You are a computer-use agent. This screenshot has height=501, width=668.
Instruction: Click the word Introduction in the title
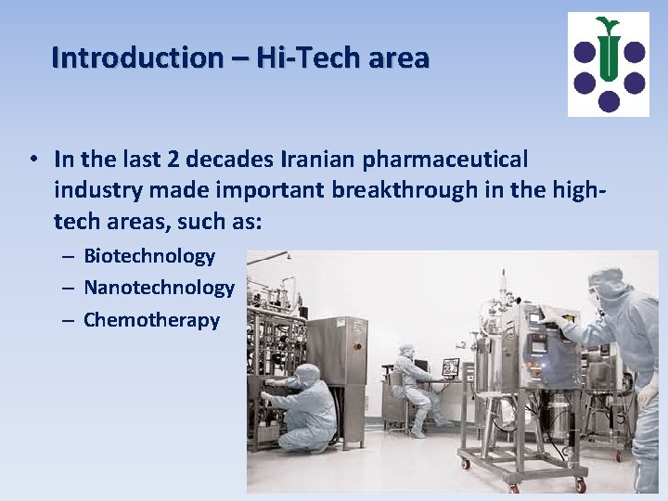[137, 58]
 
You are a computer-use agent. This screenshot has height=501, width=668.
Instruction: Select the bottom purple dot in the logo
[609, 100]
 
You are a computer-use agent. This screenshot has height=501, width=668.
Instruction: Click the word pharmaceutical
[452, 160]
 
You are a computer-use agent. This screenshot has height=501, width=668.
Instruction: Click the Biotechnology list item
[149, 256]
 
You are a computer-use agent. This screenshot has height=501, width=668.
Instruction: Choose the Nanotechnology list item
[159, 288]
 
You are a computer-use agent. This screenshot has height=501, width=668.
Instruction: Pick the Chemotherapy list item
[151, 320]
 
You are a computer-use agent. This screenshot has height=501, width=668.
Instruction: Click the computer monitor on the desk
[451, 367]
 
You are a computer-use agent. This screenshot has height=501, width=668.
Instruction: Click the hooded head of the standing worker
[608, 283]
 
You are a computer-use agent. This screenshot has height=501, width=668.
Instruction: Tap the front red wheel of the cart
[580, 484]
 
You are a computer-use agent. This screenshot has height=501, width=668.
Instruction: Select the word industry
[95, 190]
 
